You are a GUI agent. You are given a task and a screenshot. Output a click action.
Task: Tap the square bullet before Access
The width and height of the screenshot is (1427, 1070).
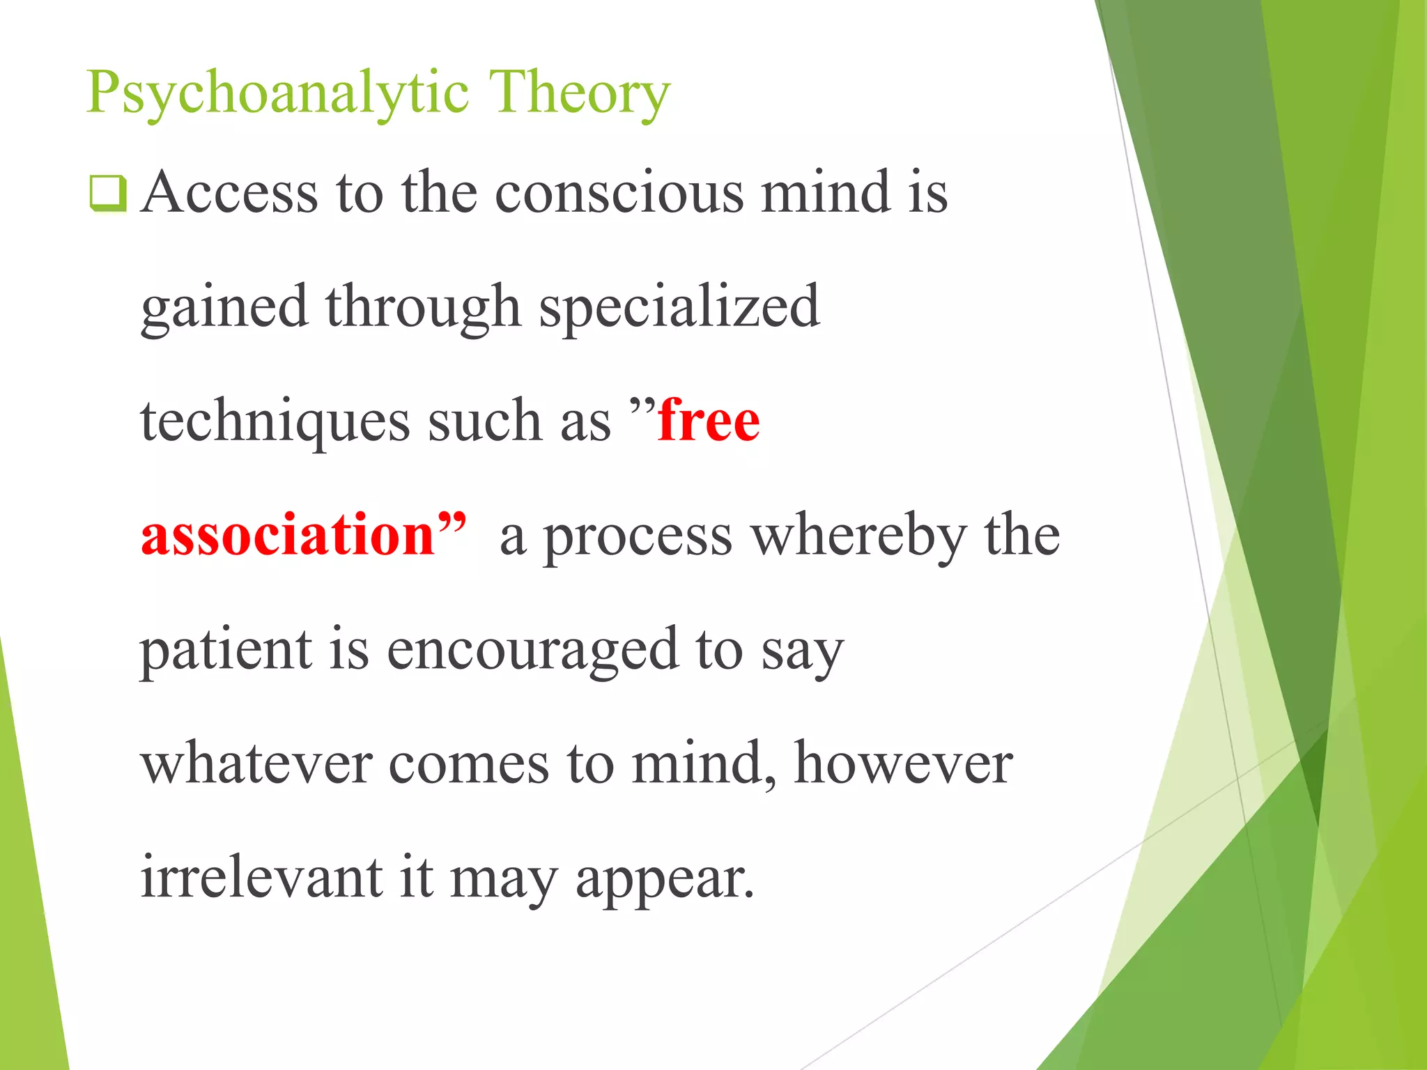click(x=108, y=194)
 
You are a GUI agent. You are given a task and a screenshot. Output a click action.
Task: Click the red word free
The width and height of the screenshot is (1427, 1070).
click(x=709, y=421)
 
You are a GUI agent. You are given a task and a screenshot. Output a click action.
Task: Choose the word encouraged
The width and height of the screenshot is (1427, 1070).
click(x=532, y=651)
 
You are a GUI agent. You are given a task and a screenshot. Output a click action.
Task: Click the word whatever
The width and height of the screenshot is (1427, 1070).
click(x=256, y=764)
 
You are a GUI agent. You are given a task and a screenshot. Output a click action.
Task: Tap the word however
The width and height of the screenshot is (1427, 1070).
click(x=903, y=764)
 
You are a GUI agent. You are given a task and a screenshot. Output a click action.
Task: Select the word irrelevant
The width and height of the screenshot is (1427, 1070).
click(x=261, y=878)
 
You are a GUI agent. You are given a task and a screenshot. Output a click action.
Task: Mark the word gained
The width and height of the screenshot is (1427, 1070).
click(x=224, y=308)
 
